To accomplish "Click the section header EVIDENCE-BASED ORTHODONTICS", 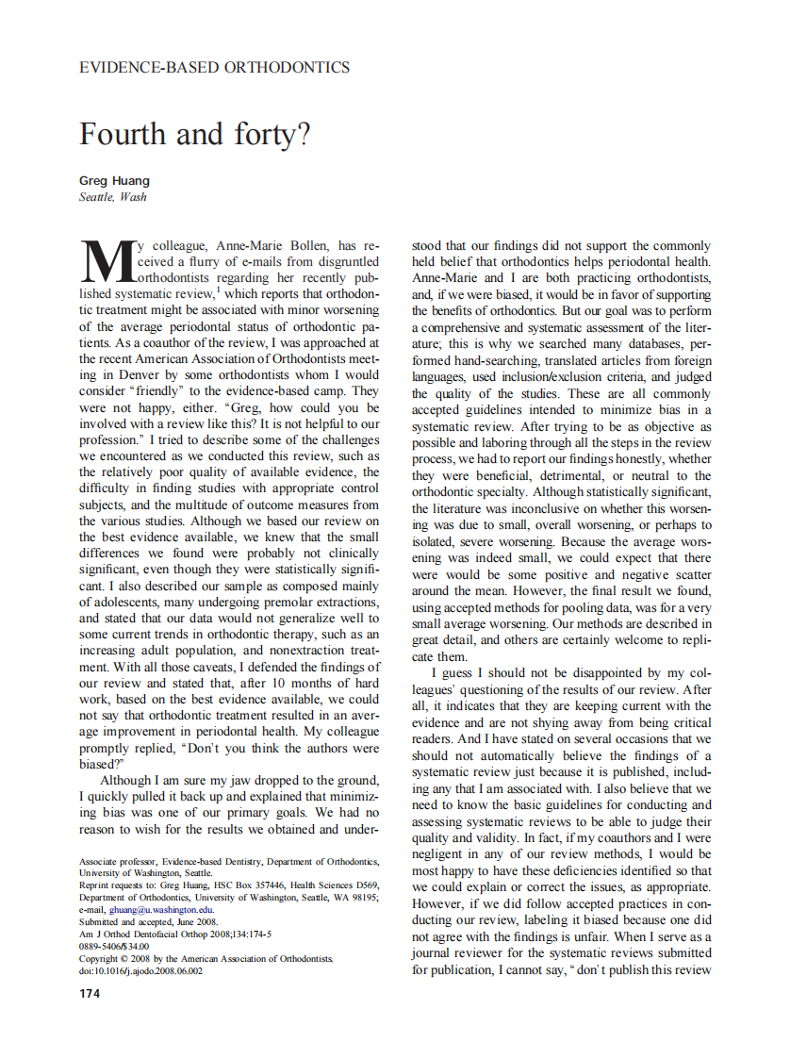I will (x=214, y=68).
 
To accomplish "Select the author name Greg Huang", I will (x=113, y=181).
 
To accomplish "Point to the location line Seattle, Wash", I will (x=112, y=197).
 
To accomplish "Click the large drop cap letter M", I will (x=105, y=260).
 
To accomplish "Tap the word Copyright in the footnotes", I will (x=101, y=958).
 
